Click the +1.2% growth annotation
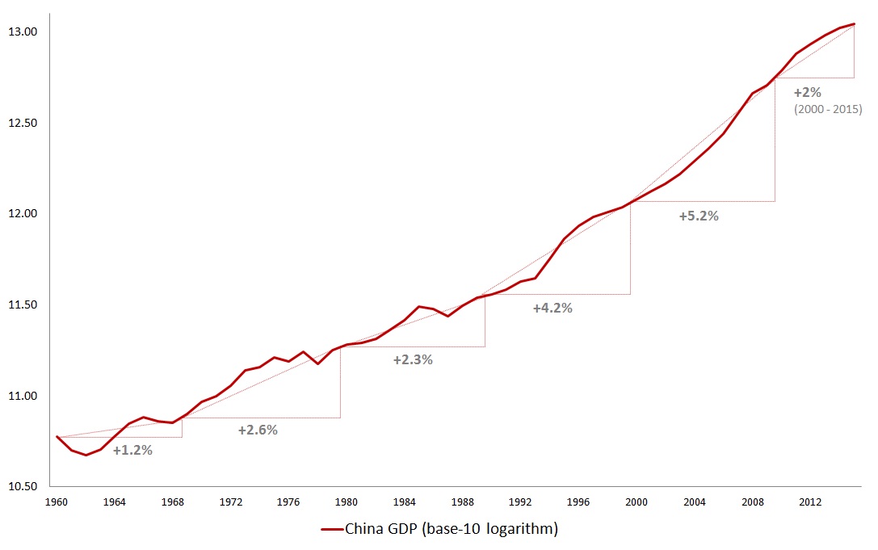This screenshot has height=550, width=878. click(x=132, y=451)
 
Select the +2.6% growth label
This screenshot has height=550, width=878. click(x=258, y=430)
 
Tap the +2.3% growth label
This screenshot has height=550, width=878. click(x=413, y=360)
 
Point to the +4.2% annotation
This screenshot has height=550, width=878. click(x=552, y=309)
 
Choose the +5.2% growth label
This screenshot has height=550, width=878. click(x=699, y=216)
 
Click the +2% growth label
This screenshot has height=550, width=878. click(x=808, y=93)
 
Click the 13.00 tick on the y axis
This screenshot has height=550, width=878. click(x=25, y=32)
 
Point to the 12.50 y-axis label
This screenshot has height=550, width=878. click(x=25, y=124)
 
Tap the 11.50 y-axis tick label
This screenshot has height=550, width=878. click(x=25, y=305)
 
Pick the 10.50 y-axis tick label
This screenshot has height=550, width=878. click(x=25, y=487)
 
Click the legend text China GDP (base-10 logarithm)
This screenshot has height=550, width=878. click(x=452, y=530)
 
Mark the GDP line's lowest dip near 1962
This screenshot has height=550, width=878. click(x=86, y=455)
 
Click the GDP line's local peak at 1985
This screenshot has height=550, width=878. click(x=419, y=307)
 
